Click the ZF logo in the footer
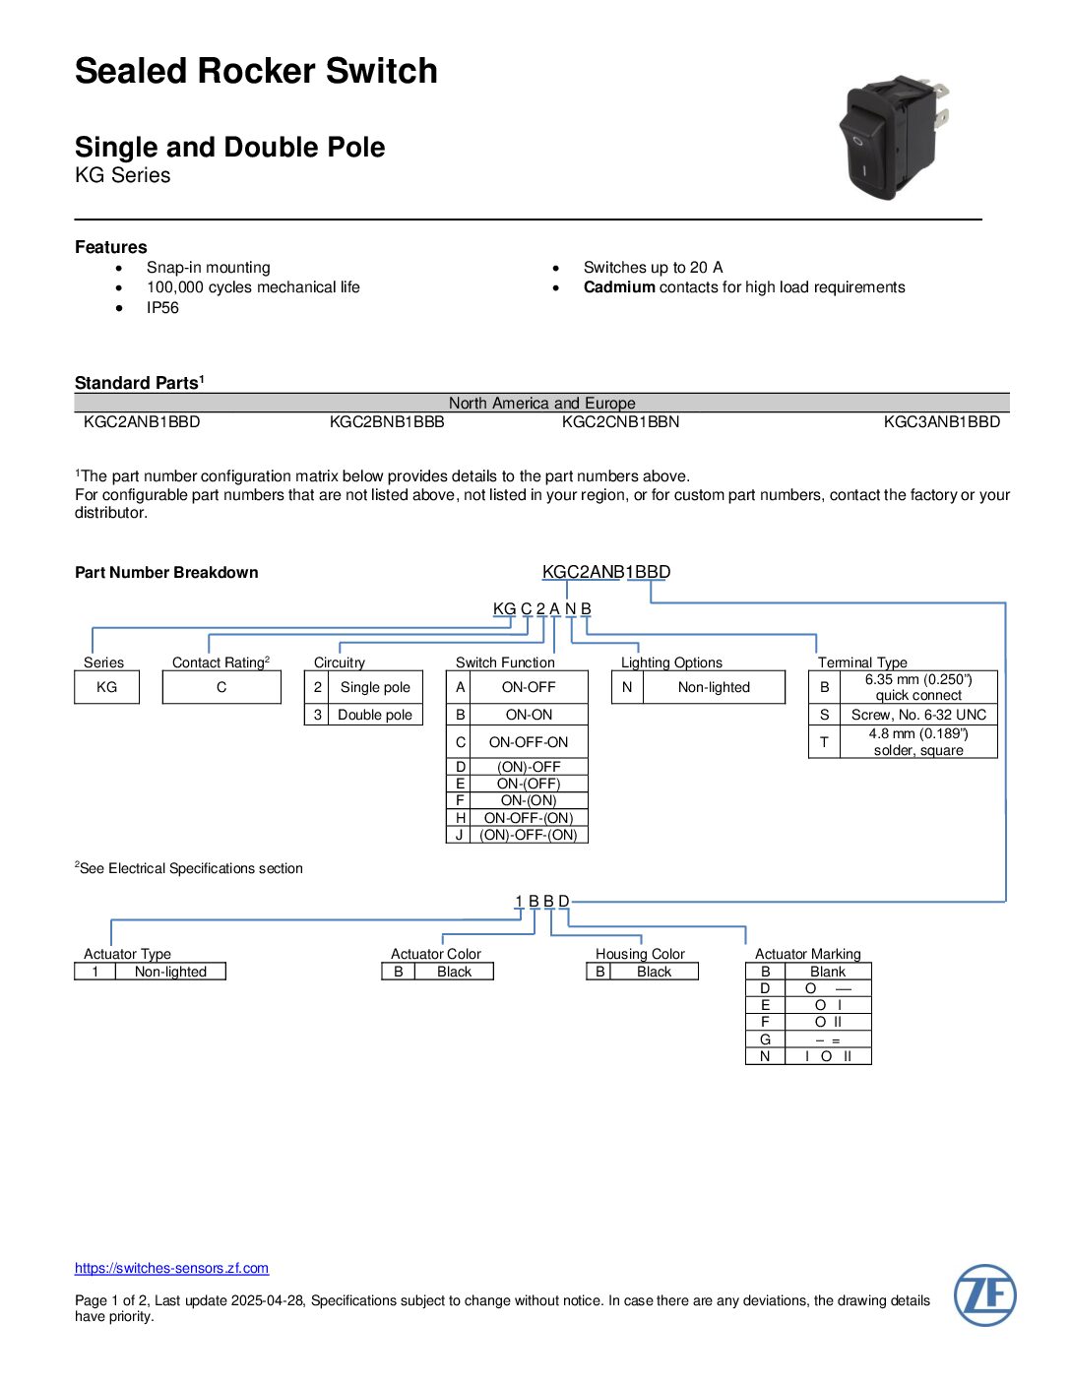pos(984,1295)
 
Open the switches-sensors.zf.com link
pos(171,1268)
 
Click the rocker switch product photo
pos(890,137)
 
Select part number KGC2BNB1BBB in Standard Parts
pos(387,422)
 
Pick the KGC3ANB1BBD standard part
pos(941,422)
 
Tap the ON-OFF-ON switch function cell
pos(529,742)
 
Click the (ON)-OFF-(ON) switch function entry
pos(529,835)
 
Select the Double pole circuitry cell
pos(374,715)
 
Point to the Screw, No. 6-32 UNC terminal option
pos(918,715)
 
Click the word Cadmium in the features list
pos(619,287)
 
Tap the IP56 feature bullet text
pos(162,308)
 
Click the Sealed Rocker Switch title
pos(256,71)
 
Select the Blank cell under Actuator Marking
pos(827,972)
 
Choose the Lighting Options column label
pos(671,662)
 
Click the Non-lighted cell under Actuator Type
pos(170,972)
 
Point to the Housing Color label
pos(640,954)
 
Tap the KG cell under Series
pos(106,687)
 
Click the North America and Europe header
pos(541,404)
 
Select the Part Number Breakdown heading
pos(166,573)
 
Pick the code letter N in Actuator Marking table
pos(765,1056)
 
